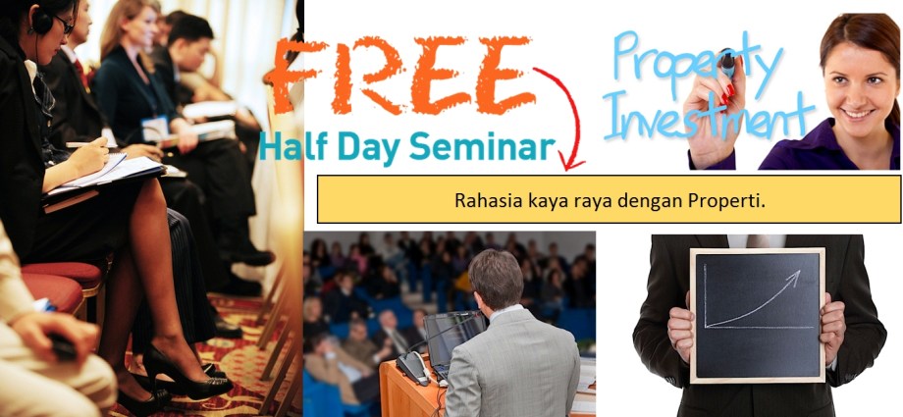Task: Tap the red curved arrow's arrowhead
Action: tap(569, 159)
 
